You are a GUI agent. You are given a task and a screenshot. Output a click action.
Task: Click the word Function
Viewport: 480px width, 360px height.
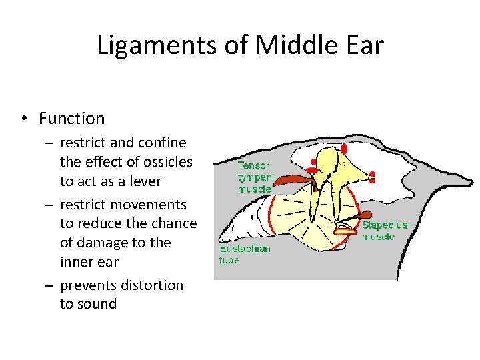click(x=72, y=119)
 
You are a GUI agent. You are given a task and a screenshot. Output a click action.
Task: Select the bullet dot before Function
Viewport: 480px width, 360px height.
click(x=23, y=119)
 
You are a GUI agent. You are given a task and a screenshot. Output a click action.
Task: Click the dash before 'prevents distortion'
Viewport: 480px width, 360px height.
click(x=49, y=285)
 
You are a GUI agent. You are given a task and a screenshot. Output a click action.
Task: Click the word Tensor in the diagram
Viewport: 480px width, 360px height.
click(x=253, y=165)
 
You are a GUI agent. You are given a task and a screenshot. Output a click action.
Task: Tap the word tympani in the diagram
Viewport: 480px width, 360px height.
click(x=256, y=177)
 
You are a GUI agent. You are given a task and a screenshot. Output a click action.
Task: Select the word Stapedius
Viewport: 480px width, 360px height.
click(x=385, y=225)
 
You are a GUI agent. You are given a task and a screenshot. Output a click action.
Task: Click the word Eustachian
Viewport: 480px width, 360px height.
click(x=245, y=249)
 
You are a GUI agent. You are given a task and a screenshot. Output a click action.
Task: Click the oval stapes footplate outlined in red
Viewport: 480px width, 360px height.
click(x=345, y=231)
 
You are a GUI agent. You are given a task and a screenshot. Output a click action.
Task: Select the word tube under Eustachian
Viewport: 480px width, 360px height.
click(x=229, y=260)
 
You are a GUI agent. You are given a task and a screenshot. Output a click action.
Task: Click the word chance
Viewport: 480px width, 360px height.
click(x=173, y=223)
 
